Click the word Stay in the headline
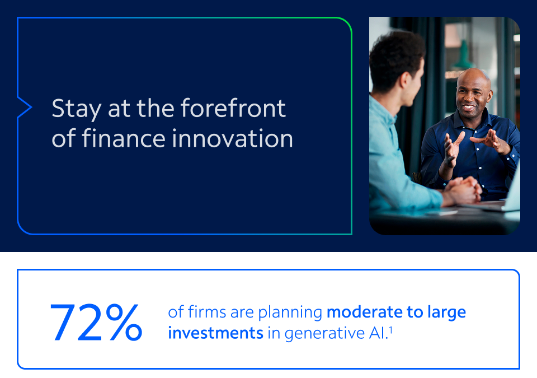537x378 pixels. click(77, 109)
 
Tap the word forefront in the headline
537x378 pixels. click(233, 108)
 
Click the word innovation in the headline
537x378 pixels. click(233, 138)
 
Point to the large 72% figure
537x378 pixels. click(96, 323)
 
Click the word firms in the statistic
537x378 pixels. click(207, 312)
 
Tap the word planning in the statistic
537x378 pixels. click(290, 313)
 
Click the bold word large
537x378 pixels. click(446, 313)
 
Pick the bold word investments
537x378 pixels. click(215, 333)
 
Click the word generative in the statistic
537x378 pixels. click(324, 334)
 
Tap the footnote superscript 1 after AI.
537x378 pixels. click(391, 330)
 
